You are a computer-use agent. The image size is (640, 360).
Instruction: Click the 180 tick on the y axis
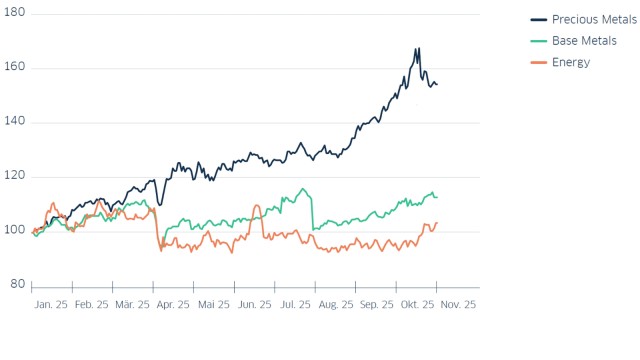coord(15,14)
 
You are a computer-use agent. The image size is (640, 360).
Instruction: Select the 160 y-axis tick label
coord(15,68)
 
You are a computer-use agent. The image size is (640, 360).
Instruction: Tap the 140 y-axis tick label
coord(15,122)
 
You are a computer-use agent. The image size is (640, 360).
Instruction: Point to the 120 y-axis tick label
coord(15,177)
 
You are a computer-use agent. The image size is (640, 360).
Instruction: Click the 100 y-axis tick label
coord(15,231)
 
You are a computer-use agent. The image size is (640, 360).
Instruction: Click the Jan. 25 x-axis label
coord(50,305)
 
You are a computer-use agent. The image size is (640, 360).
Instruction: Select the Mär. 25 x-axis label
coord(131,305)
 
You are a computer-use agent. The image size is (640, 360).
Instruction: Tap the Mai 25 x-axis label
coord(214,305)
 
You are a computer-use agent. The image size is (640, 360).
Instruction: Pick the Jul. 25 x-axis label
coord(294,305)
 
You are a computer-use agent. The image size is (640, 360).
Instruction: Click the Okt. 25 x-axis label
coord(417,305)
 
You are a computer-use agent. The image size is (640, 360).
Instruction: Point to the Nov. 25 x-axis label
coord(459,305)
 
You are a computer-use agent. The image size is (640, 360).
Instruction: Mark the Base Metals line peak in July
coord(302,189)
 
